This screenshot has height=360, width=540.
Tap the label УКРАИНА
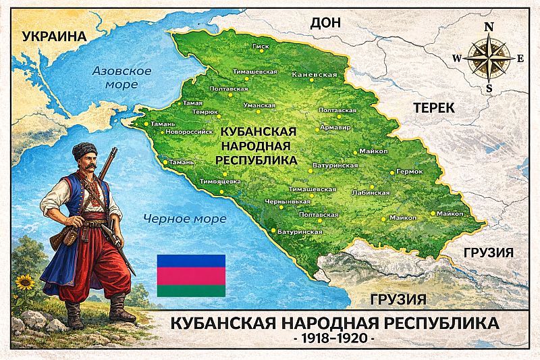[56, 37]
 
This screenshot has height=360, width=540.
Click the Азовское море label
[121, 77]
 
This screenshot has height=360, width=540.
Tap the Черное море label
[175, 218]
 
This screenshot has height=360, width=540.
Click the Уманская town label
[259, 106]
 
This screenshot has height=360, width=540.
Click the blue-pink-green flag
[191, 276]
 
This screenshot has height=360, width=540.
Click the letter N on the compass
[489, 27]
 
